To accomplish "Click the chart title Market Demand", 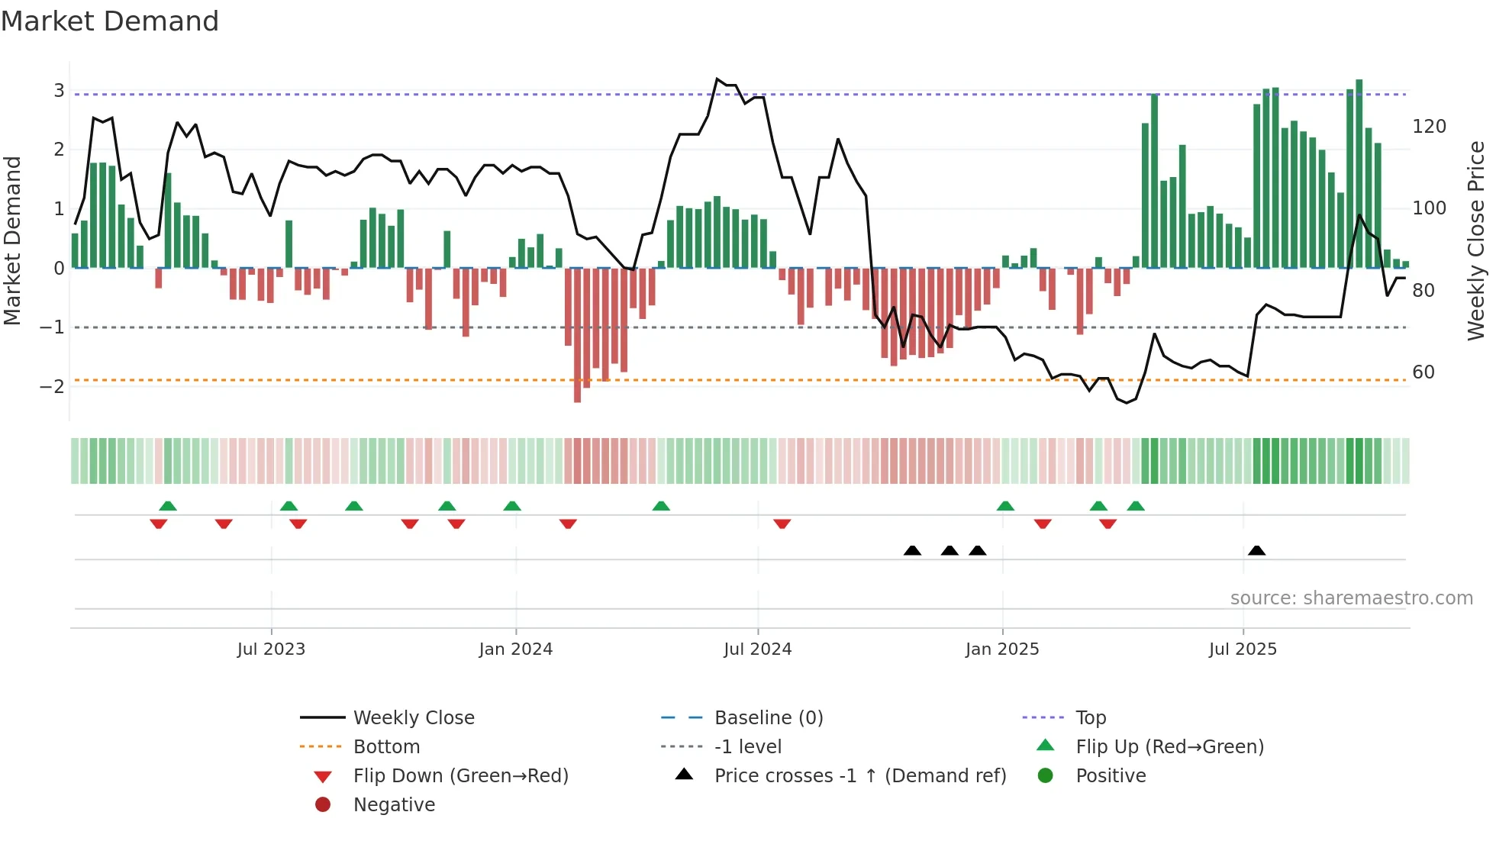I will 110,21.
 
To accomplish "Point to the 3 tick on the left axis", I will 59,91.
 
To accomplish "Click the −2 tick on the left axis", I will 53,386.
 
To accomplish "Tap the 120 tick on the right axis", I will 1429,127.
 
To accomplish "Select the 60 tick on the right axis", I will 1423,372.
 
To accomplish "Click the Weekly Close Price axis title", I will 1476,240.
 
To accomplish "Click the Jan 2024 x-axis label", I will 515,649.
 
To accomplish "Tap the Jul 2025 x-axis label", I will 1242,649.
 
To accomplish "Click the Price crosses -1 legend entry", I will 859,776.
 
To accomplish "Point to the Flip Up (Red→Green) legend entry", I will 1169,747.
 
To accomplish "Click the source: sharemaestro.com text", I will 1351,598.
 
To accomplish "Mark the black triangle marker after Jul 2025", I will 1256,551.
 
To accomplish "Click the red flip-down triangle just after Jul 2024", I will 782,524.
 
